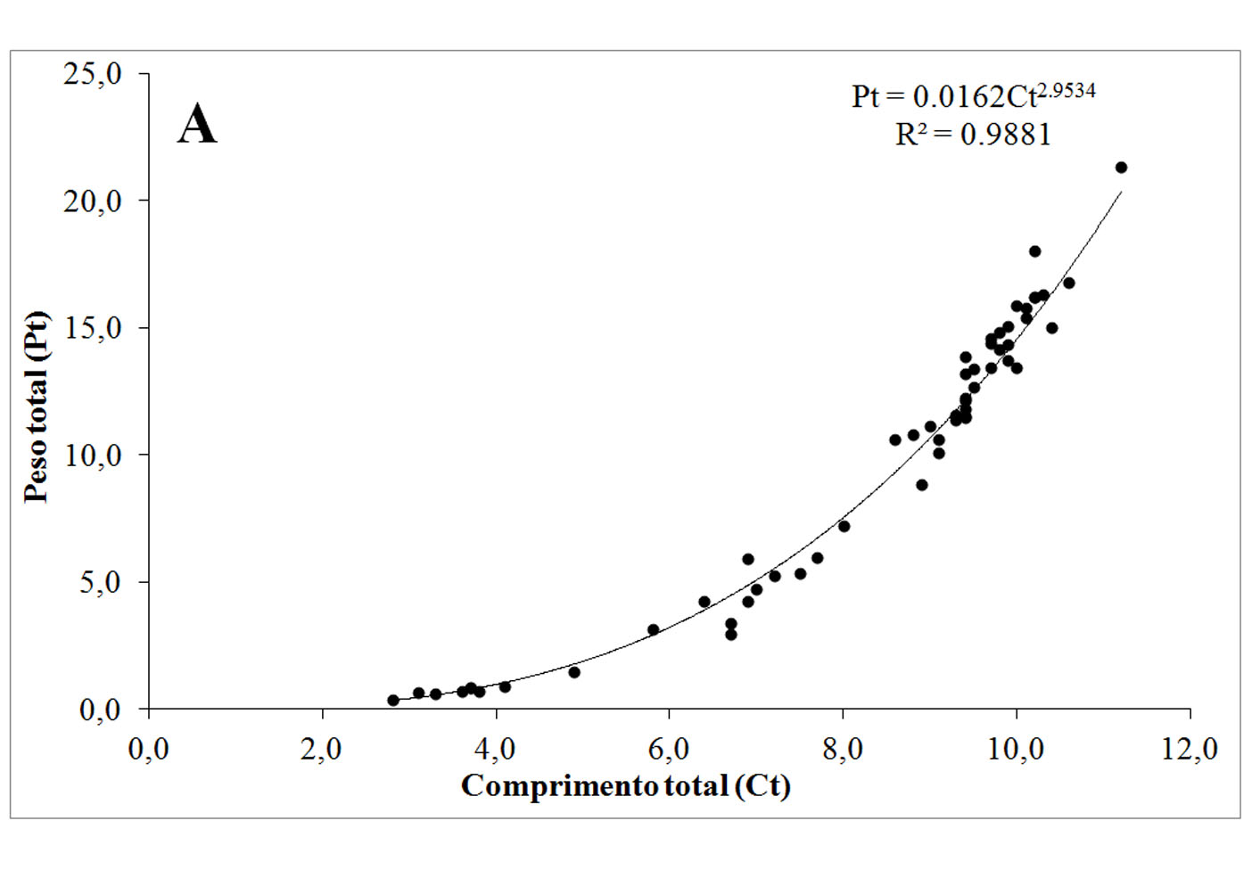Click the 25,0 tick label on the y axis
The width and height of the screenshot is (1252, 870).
(92, 74)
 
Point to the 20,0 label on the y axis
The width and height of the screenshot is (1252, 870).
(92, 201)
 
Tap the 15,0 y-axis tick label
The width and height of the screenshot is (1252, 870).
(92, 328)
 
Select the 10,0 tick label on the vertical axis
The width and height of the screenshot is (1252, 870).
(92, 456)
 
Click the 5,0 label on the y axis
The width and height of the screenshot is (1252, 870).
(99, 583)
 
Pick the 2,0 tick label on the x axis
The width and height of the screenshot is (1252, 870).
(322, 750)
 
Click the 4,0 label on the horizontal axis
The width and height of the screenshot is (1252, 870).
(495, 750)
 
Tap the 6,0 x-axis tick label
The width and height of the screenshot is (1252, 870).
(669, 750)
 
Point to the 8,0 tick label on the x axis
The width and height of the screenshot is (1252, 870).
(843, 750)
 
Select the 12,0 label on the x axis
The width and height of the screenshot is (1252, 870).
(1190, 750)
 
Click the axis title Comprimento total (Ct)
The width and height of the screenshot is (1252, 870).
(625, 786)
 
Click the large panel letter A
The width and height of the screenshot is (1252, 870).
(197, 124)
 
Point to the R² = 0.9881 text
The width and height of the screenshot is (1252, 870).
(973, 135)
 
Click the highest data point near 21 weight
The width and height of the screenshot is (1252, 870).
(1121, 168)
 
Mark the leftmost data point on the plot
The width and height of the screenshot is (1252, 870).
(393, 700)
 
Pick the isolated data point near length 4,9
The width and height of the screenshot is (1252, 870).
(574, 672)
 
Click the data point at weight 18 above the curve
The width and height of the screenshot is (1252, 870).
(1034, 251)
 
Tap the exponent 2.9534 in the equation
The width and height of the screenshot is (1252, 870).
(1067, 90)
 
